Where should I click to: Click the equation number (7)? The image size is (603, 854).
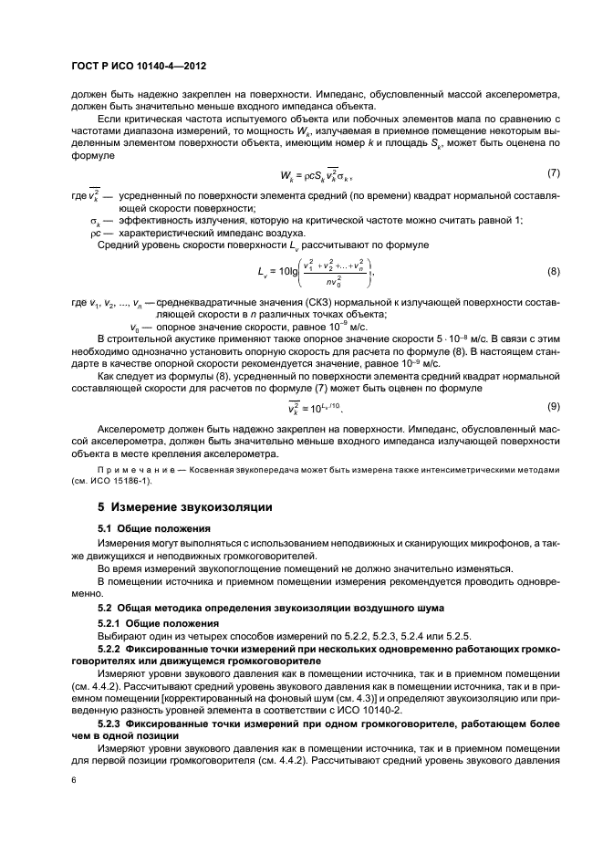click(x=552, y=173)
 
